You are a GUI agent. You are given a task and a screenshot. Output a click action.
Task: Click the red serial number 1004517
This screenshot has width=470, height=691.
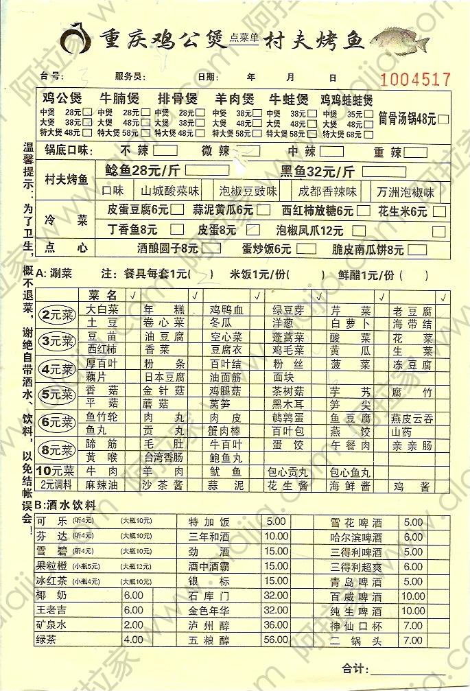pos(415,79)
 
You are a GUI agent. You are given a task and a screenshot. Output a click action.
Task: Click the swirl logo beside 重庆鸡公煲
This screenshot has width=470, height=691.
pos(76,38)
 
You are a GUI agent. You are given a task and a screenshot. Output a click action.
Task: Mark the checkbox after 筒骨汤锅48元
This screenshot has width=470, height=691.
pos(444,119)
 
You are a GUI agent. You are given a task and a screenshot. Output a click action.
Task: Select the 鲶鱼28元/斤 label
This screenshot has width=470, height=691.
pos(143,171)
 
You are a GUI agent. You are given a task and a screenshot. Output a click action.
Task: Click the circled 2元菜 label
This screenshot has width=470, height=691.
pos(58,316)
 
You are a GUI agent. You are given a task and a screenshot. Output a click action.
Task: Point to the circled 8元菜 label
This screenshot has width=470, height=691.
pos(58,450)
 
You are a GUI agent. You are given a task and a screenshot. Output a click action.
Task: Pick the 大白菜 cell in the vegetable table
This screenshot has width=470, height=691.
pos(102,309)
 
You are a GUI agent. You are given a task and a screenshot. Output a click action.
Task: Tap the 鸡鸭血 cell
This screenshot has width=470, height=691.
pos(226,309)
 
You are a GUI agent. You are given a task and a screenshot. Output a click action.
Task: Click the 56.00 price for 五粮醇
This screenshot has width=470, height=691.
pos(276,639)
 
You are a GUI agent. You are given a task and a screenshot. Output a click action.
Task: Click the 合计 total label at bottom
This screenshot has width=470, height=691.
pos(355,667)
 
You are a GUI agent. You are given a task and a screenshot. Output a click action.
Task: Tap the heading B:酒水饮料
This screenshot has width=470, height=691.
pos(65,505)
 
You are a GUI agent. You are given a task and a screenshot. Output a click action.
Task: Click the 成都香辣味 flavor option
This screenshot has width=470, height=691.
pos(328,191)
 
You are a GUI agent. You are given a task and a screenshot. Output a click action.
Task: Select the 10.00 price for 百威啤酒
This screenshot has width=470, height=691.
pos(413,596)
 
